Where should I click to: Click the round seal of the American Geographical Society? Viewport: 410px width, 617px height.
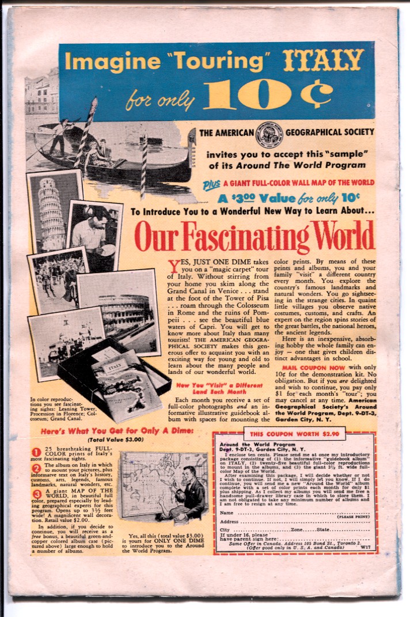[268, 133]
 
